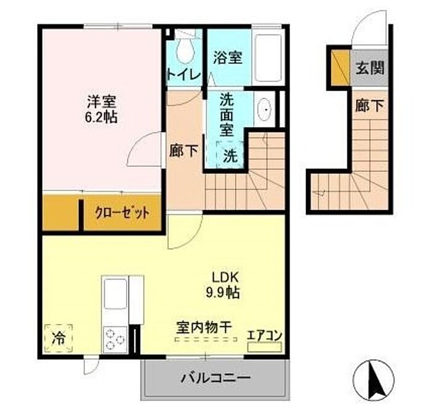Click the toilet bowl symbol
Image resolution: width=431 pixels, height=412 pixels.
(x=186, y=50)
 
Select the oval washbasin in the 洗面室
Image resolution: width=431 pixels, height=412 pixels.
(x=264, y=109)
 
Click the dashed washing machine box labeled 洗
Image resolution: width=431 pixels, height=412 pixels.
(x=230, y=155)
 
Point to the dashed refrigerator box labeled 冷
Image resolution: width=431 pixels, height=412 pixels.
(x=58, y=338)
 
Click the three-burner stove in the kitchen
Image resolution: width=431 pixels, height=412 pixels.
(x=116, y=340)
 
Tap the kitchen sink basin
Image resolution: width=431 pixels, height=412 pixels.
(x=116, y=293)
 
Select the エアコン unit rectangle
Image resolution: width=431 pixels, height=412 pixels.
(x=264, y=347)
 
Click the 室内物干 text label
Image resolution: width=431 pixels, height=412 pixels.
(x=204, y=327)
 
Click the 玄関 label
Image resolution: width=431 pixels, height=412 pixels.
(x=369, y=67)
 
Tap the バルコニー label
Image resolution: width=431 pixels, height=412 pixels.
(x=216, y=378)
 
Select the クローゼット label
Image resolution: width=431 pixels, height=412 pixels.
(x=122, y=212)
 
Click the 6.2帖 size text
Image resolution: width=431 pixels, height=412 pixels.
(x=101, y=118)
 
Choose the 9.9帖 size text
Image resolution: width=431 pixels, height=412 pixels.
(x=223, y=293)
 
